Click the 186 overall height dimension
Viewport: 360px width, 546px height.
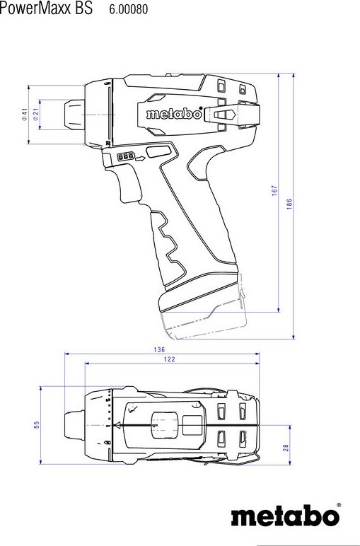point(289,204)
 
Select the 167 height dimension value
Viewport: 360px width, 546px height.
point(274,191)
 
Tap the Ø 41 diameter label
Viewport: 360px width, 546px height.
point(24,114)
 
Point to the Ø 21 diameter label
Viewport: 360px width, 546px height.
point(35,114)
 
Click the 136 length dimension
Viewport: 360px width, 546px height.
point(159,349)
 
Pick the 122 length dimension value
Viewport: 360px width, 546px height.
point(170,359)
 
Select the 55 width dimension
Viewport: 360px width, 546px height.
point(37,425)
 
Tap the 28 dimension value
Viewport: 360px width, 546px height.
point(286,448)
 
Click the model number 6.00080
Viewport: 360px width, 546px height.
point(129,9)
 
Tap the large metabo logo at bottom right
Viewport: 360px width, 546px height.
point(286,515)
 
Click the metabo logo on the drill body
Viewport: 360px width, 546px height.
point(174,114)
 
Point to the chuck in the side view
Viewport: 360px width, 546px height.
point(74,115)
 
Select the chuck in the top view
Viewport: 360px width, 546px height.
point(74,425)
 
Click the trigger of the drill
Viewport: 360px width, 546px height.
point(127,185)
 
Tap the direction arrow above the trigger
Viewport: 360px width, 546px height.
point(140,158)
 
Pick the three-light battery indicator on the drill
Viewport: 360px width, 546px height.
point(126,156)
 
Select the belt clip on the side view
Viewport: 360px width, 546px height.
point(232,115)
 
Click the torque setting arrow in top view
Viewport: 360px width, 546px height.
point(118,425)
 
